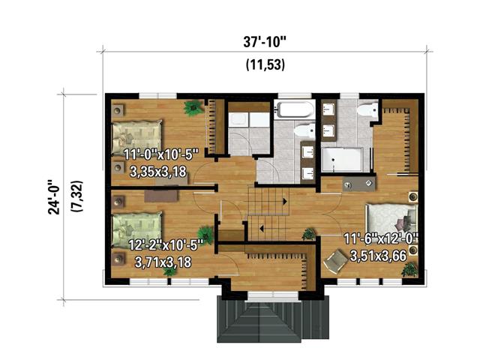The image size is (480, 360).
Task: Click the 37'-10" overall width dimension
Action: tap(264, 40)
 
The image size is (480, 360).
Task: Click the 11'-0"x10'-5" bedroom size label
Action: tap(160, 156)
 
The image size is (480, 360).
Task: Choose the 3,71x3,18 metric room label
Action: tap(163, 262)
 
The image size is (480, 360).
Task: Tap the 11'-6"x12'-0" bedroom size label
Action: tap(380, 240)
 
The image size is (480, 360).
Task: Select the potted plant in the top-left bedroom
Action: tap(195, 107)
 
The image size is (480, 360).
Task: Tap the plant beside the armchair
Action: tap(409, 268)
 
